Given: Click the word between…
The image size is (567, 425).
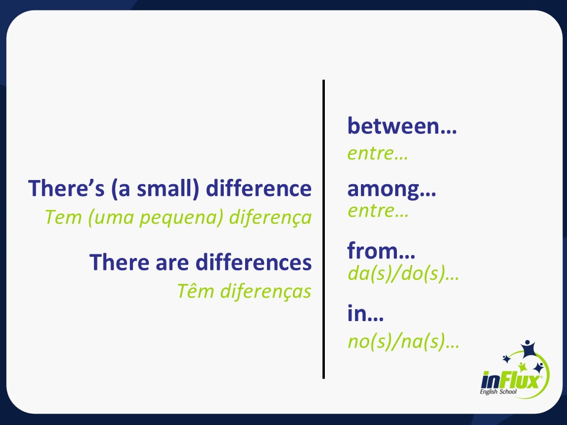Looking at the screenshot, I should pyautogui.click(x=402, y=126).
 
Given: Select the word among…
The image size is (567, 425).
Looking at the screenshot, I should pyautogui.click(x=392, y=190).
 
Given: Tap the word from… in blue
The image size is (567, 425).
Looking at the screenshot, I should pyautogui.click(x=381, y=251).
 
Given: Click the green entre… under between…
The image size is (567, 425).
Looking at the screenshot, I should pyautogui.click(x=377, y=154).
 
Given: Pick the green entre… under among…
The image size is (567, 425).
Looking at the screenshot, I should pyautogui.click(x=378, y=211).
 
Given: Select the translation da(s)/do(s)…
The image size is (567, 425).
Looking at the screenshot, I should pyautogui.click(x=403, y=274).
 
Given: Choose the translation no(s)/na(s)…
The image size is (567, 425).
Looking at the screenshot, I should pyautogui.click(x=403, y=341).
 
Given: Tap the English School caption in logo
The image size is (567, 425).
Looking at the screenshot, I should pyautogui.click(x=500, y=392).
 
